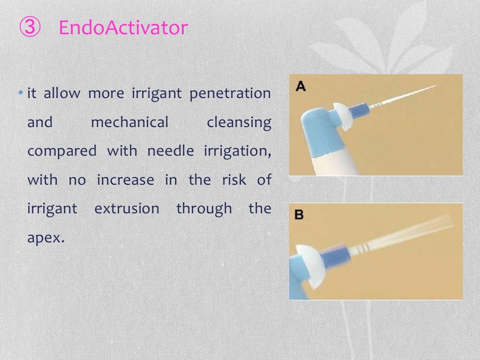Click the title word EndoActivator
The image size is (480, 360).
123,28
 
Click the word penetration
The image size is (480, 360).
230,94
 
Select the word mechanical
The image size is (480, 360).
129,123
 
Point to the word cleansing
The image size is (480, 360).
239,123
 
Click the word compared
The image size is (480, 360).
61,151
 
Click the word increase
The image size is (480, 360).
125,180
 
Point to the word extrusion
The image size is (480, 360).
127,209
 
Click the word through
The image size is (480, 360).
204,209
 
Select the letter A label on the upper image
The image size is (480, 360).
301,86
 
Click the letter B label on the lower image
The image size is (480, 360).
299,215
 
